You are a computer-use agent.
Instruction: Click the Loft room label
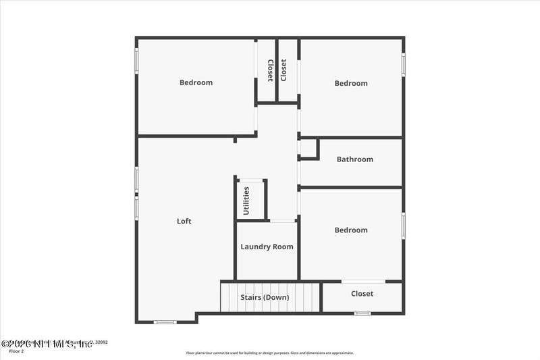(x=184, y=221)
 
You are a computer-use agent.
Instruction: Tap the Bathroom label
(x=354, y=159)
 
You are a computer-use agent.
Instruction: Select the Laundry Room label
(x=267, y=247)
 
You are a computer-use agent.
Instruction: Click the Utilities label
(x=246, y=200)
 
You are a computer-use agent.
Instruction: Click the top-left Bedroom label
(x=196, y=82)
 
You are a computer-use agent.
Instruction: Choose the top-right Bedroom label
(x=351, y=83)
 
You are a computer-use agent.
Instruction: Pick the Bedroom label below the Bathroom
(x=351, y=230)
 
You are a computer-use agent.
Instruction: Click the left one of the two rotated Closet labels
(x=270, y=70)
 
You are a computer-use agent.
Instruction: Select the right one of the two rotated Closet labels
(x=283, y=70)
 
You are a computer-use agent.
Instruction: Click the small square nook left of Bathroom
(x=308, y=149)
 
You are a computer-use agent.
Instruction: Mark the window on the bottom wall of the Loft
(x=165, y=322)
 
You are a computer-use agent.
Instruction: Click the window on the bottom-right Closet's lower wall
(x=362, y=313)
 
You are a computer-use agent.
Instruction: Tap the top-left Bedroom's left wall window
(x=136, y=61)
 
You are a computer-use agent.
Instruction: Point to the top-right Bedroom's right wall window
(x=404, y=63)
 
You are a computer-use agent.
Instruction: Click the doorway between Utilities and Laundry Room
(x=282, y=221)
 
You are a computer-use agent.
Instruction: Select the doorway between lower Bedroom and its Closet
(x=363, y=281)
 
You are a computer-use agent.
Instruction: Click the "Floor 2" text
(x=16, y=351)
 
